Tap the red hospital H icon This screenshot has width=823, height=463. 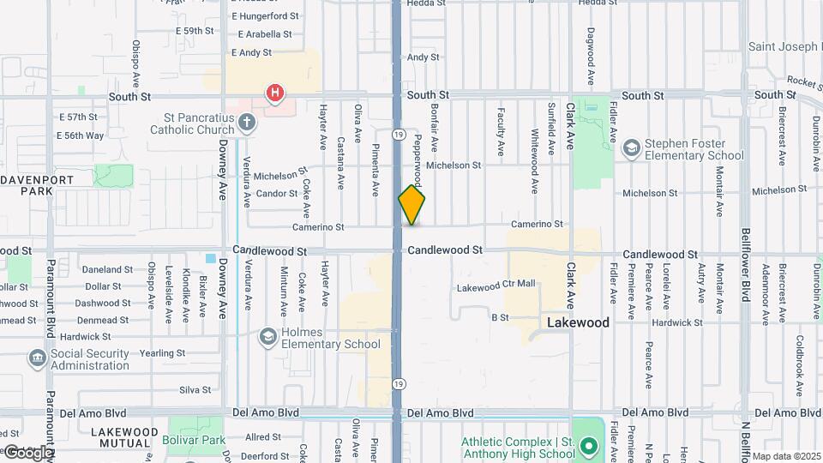[x=274, y=93]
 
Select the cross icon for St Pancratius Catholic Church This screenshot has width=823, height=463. [x=246, y=123]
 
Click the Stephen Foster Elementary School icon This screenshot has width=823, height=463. [x=632, y=149]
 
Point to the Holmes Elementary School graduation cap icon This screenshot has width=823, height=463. [x=268, y=337]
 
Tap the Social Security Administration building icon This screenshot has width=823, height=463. [x=38, y=358]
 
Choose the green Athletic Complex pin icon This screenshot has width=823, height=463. [x=588, y=447]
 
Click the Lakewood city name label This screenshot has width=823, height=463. [x=579, y=323]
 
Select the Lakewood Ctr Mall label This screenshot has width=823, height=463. [x=496, y=285]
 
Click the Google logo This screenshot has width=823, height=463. [x=27, y=452]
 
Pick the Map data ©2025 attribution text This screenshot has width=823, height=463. [x=786, y=456]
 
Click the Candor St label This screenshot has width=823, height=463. [x=276, y=194]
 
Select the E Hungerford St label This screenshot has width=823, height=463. [x=265, y=16]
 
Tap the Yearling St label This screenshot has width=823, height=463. [x=162, y=353]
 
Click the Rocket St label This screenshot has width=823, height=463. [x=805, y=82]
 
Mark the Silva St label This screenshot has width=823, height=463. [x=195, y=390]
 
